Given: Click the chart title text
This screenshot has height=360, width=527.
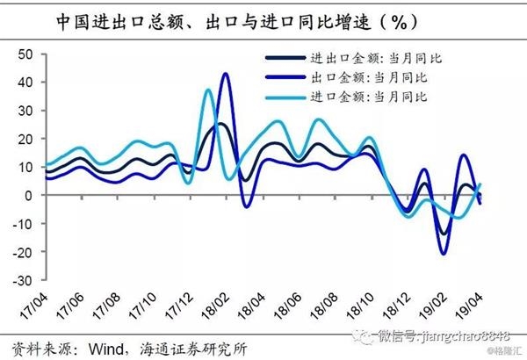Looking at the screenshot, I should [263, 19].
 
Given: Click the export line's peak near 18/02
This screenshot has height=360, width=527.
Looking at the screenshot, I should [226, 74].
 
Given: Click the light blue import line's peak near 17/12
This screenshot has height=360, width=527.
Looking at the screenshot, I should [208, 90].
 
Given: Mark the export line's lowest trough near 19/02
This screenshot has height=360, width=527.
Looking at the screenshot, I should [444, 254].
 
